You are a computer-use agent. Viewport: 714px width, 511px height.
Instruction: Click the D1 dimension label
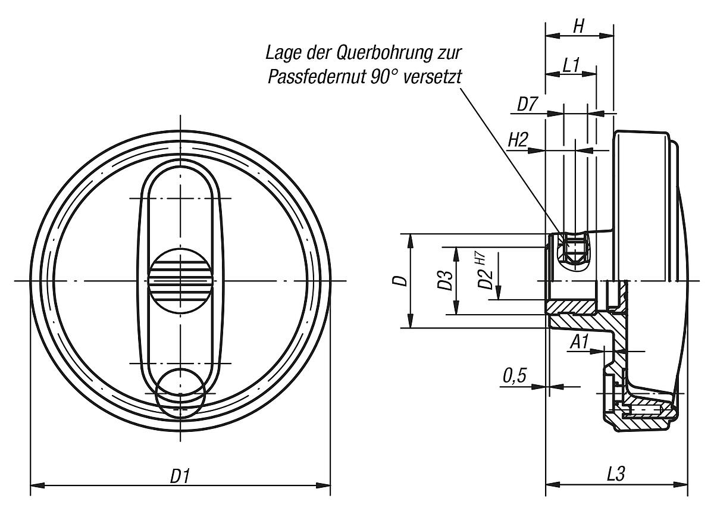(180, 475)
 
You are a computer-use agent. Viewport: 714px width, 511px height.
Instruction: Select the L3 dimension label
(616, 475)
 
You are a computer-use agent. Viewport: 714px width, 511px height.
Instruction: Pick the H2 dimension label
(518, 141)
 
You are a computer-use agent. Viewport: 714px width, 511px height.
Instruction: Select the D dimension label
(403, 280)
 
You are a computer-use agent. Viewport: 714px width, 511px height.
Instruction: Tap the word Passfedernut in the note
(315, 77)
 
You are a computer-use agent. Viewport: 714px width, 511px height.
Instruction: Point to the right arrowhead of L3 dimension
(685, 486)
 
